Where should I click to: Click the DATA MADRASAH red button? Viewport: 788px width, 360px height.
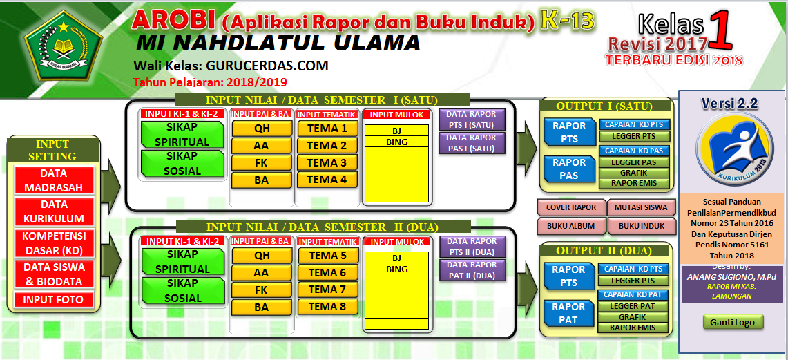tap(54, 180)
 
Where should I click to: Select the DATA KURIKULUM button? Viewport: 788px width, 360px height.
tap(54, 211)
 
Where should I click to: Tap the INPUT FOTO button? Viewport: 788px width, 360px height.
tap(54, 300)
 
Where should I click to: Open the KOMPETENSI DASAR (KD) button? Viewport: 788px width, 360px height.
tap(54, 243)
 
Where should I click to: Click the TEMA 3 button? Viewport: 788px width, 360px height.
tap(327, 163)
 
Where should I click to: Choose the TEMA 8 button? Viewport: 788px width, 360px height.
tap(327, 307)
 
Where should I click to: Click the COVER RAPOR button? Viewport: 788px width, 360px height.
tap(570, 207)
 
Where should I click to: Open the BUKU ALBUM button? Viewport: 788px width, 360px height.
tap(570, 226)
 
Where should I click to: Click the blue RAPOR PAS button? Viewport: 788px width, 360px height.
tap(569, 169)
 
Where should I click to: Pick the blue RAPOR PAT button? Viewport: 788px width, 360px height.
tap(569, 313)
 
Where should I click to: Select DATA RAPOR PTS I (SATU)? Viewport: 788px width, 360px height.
tap(472, 120)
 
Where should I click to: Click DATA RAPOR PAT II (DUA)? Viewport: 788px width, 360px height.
tap(472, 270)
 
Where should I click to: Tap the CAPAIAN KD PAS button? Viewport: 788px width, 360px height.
tap(633, 151)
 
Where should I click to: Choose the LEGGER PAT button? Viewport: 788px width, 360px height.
tap(633, 306)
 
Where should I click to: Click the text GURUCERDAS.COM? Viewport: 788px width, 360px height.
tap(267, 66)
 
